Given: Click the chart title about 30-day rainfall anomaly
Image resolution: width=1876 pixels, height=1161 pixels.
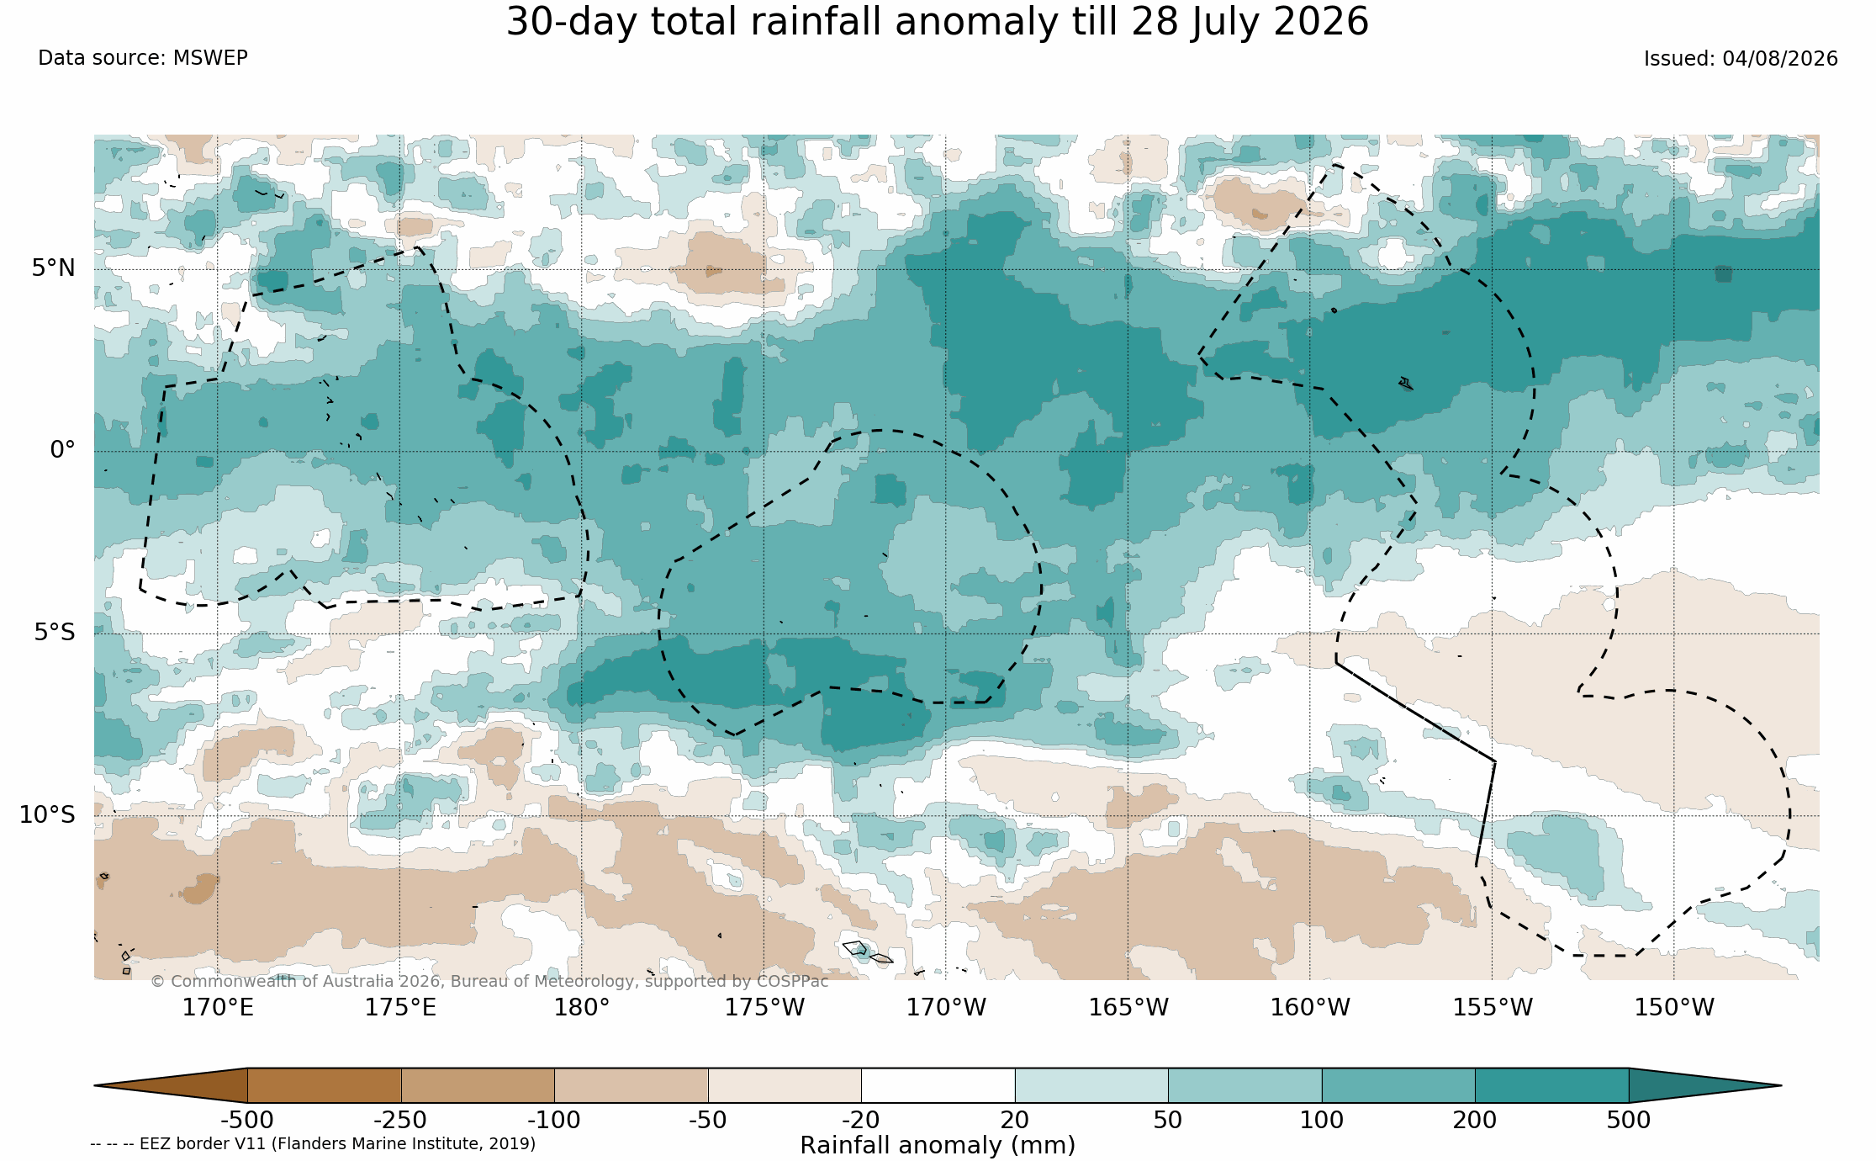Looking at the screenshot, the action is [938, 22].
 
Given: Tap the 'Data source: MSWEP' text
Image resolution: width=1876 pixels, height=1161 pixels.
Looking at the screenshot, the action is [143, 58].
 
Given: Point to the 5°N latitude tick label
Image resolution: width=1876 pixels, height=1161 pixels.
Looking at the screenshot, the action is [54, 268].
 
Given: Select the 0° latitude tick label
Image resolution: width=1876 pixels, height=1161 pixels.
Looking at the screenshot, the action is [63, 450].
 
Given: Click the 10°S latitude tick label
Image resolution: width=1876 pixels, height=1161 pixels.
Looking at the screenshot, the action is [48, 815].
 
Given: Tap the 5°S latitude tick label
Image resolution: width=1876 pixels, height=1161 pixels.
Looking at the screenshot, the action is [55, 633].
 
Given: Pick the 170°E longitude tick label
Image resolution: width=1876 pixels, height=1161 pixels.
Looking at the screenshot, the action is [218, 1007].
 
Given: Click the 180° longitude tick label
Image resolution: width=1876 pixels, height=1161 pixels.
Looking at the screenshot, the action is [582, 1007].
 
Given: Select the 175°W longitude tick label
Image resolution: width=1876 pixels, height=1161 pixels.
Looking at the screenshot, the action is [764, 1007].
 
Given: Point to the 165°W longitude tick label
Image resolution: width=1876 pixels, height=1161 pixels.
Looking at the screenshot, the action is [1128, 1007].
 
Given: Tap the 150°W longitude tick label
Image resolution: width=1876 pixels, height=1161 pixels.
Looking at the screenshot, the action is [1674, 1007].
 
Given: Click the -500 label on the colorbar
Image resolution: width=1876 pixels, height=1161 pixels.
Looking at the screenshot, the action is [247, 1121].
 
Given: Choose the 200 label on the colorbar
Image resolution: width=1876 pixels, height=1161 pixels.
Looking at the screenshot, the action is [1475, 1121].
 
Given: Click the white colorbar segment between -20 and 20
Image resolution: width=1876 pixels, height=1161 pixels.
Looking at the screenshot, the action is [938, 1085].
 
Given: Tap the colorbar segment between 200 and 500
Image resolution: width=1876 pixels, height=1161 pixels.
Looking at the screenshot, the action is [1551, 1085].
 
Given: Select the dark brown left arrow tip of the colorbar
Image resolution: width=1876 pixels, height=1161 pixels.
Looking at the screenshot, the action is [95, 1085].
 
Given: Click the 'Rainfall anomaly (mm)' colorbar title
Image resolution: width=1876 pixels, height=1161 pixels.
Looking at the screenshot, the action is [938, 1146].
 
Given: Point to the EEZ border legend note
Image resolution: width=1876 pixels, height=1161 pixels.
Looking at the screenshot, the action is [313, 1144].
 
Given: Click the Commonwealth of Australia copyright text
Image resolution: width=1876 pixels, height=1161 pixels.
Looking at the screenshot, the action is [489, 982].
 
